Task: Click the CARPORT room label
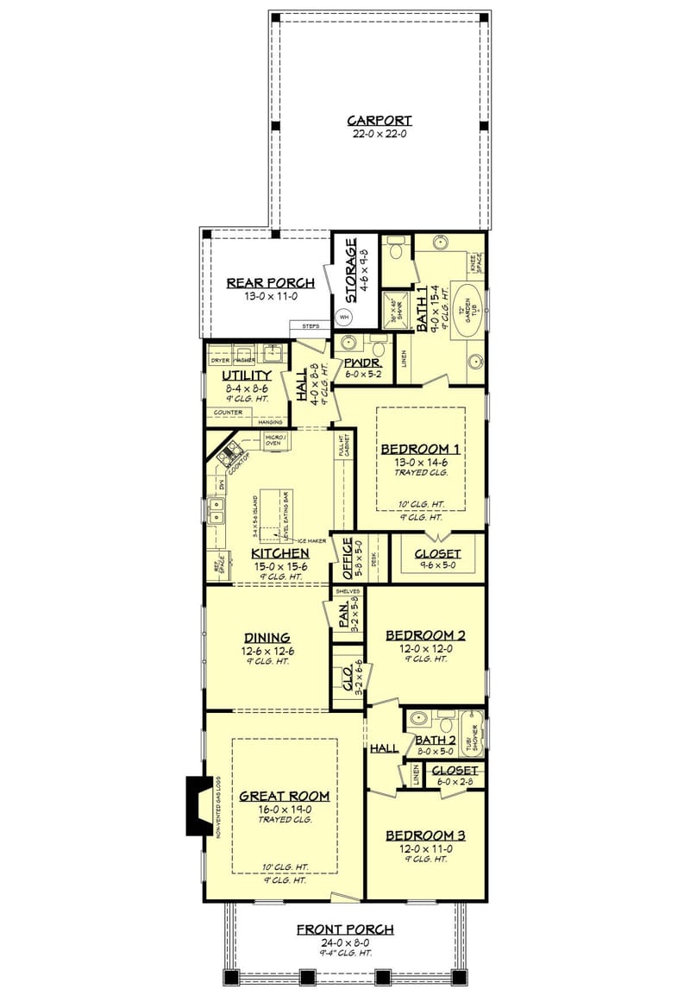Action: pos(379,121)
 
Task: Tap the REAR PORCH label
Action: pos(270,282)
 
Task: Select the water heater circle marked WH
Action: pos(344,317)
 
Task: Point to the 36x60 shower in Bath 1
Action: pos(395,306)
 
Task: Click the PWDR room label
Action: pos(357,363)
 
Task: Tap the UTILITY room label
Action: pos(247,376)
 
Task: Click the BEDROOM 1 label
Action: pos(420,449)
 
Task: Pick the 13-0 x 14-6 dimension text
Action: pos(420,462)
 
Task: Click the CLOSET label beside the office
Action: pos(437,554)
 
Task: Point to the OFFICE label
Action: pos(348,558)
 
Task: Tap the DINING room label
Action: pos(266,638)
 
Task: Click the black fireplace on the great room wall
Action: pos(198,805)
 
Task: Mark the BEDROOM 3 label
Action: pos(425,835)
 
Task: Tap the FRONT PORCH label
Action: pos(345,930)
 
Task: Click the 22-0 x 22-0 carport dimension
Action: pos(379,134)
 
